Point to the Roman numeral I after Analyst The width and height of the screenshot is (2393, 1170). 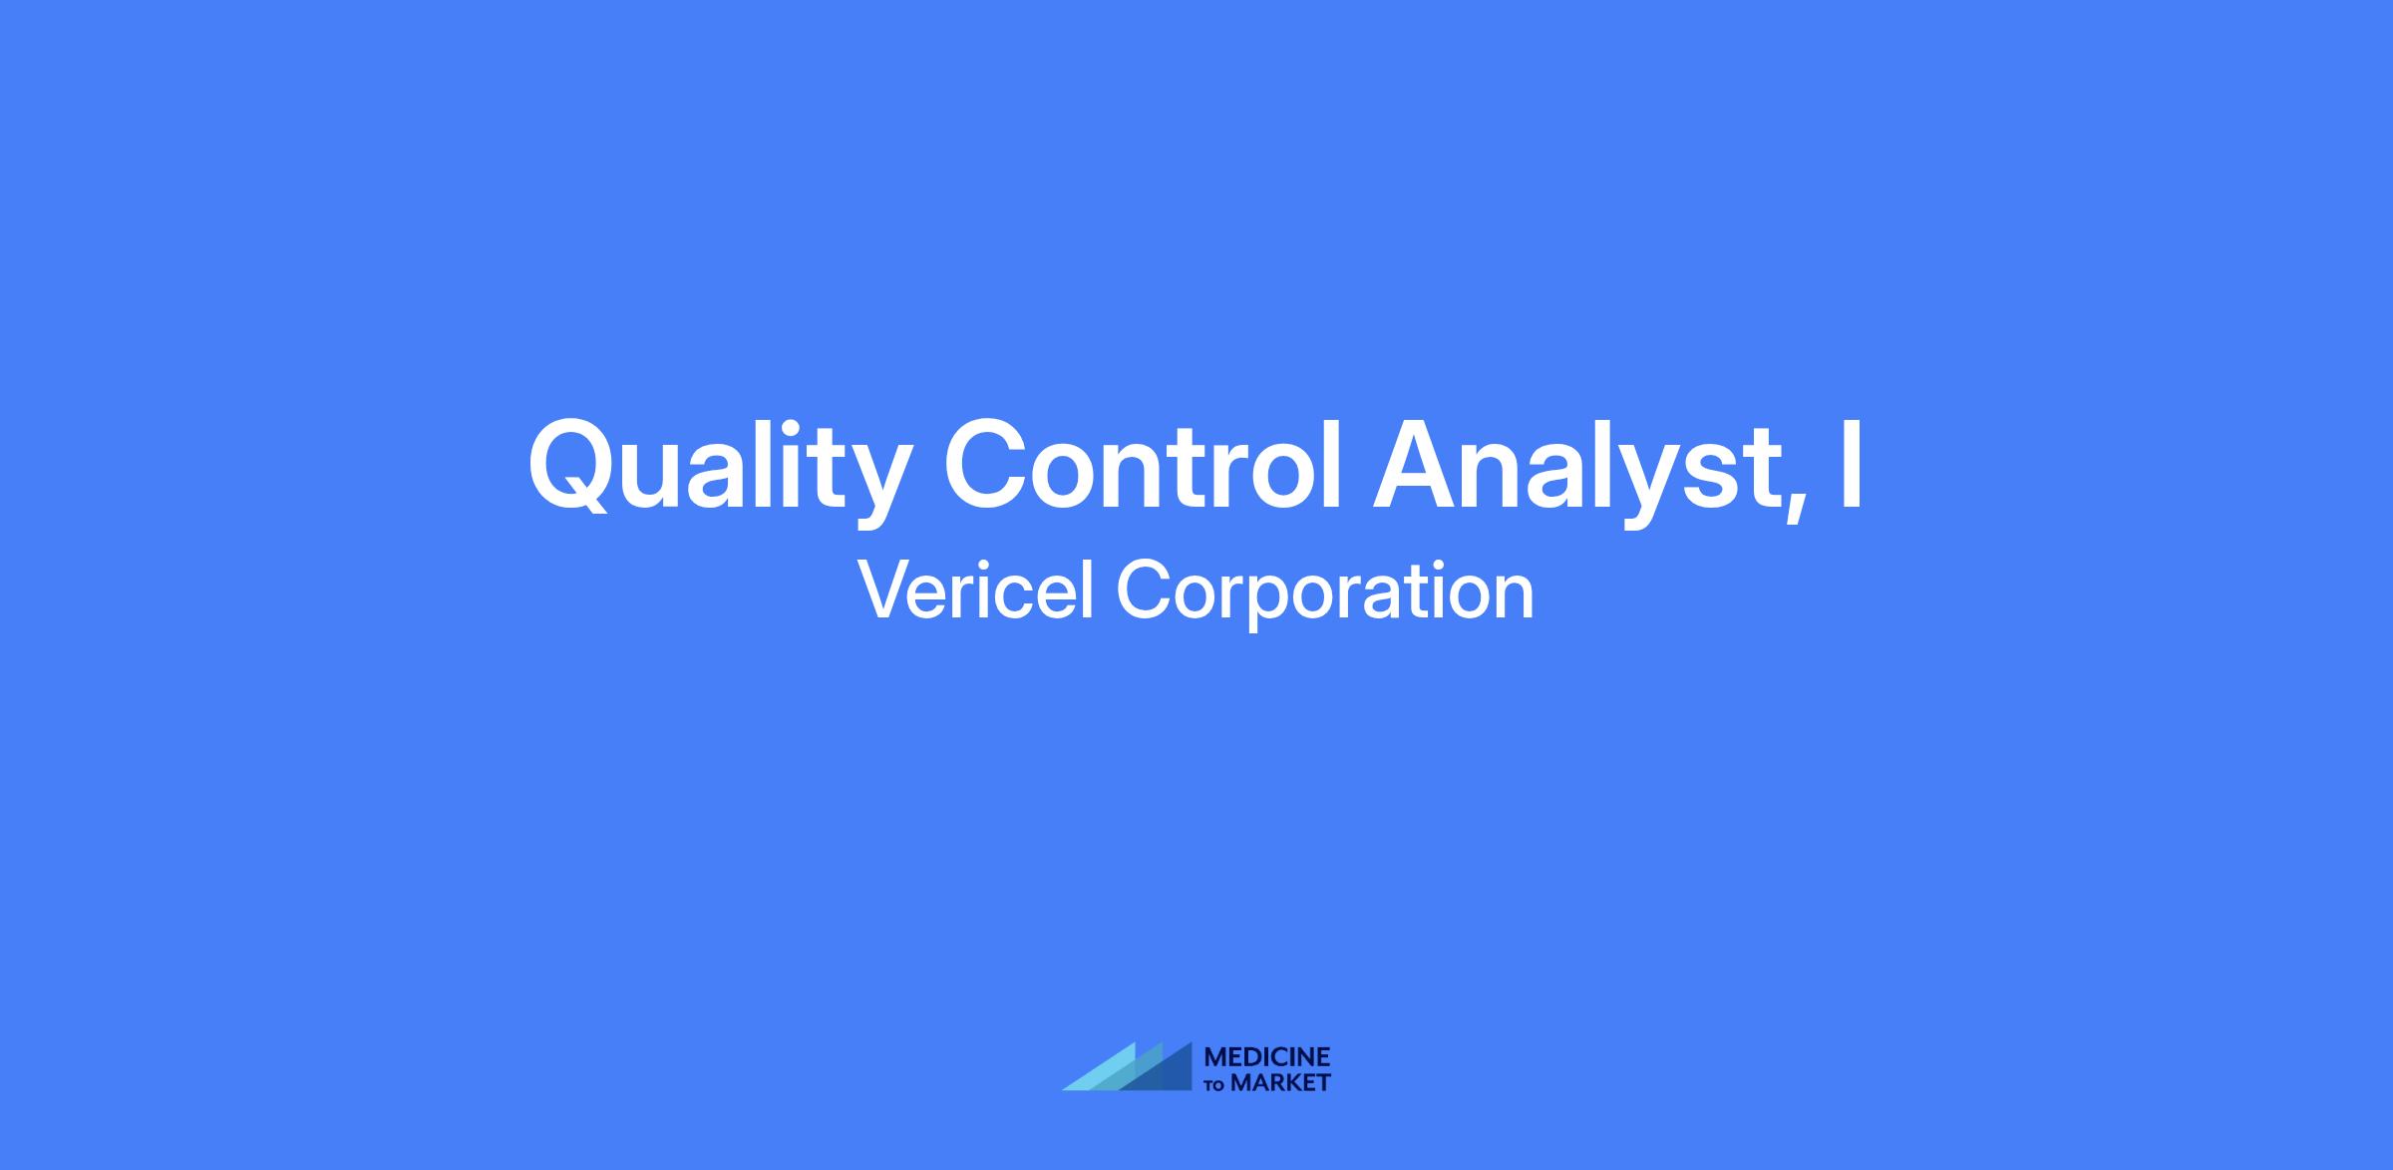(1853, 464)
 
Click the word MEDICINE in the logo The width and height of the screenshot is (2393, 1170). (1267, 1057)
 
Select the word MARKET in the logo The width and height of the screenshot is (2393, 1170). (1280, 1082)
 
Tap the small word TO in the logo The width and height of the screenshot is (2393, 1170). (1214, 1084)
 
